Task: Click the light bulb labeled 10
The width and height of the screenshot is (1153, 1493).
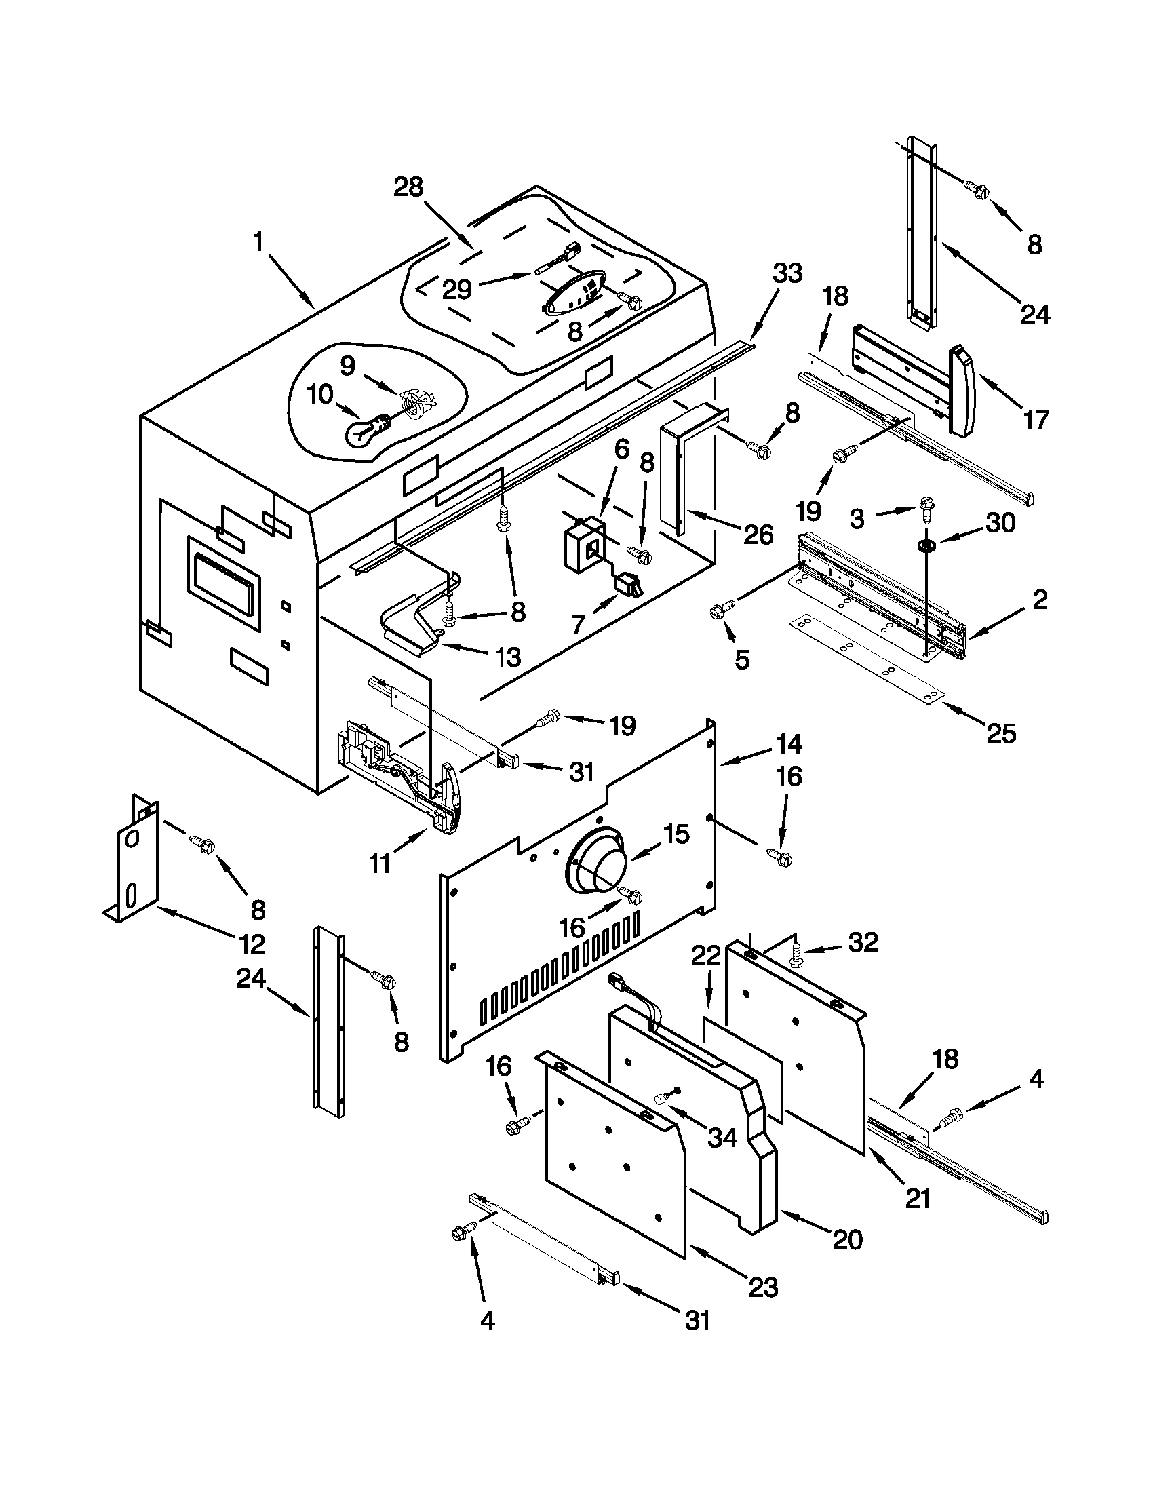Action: click(x=366, y=430)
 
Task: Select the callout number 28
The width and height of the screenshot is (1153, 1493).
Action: click(x=408, y=187)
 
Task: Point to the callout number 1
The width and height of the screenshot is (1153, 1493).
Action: click(x=258, y=242)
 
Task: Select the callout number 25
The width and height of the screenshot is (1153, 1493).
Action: click(x=1001, y=733)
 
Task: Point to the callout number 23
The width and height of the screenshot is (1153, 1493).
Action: click(x=763, y=1287)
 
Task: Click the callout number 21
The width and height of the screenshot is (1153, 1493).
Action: click(x=917, y=1198)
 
